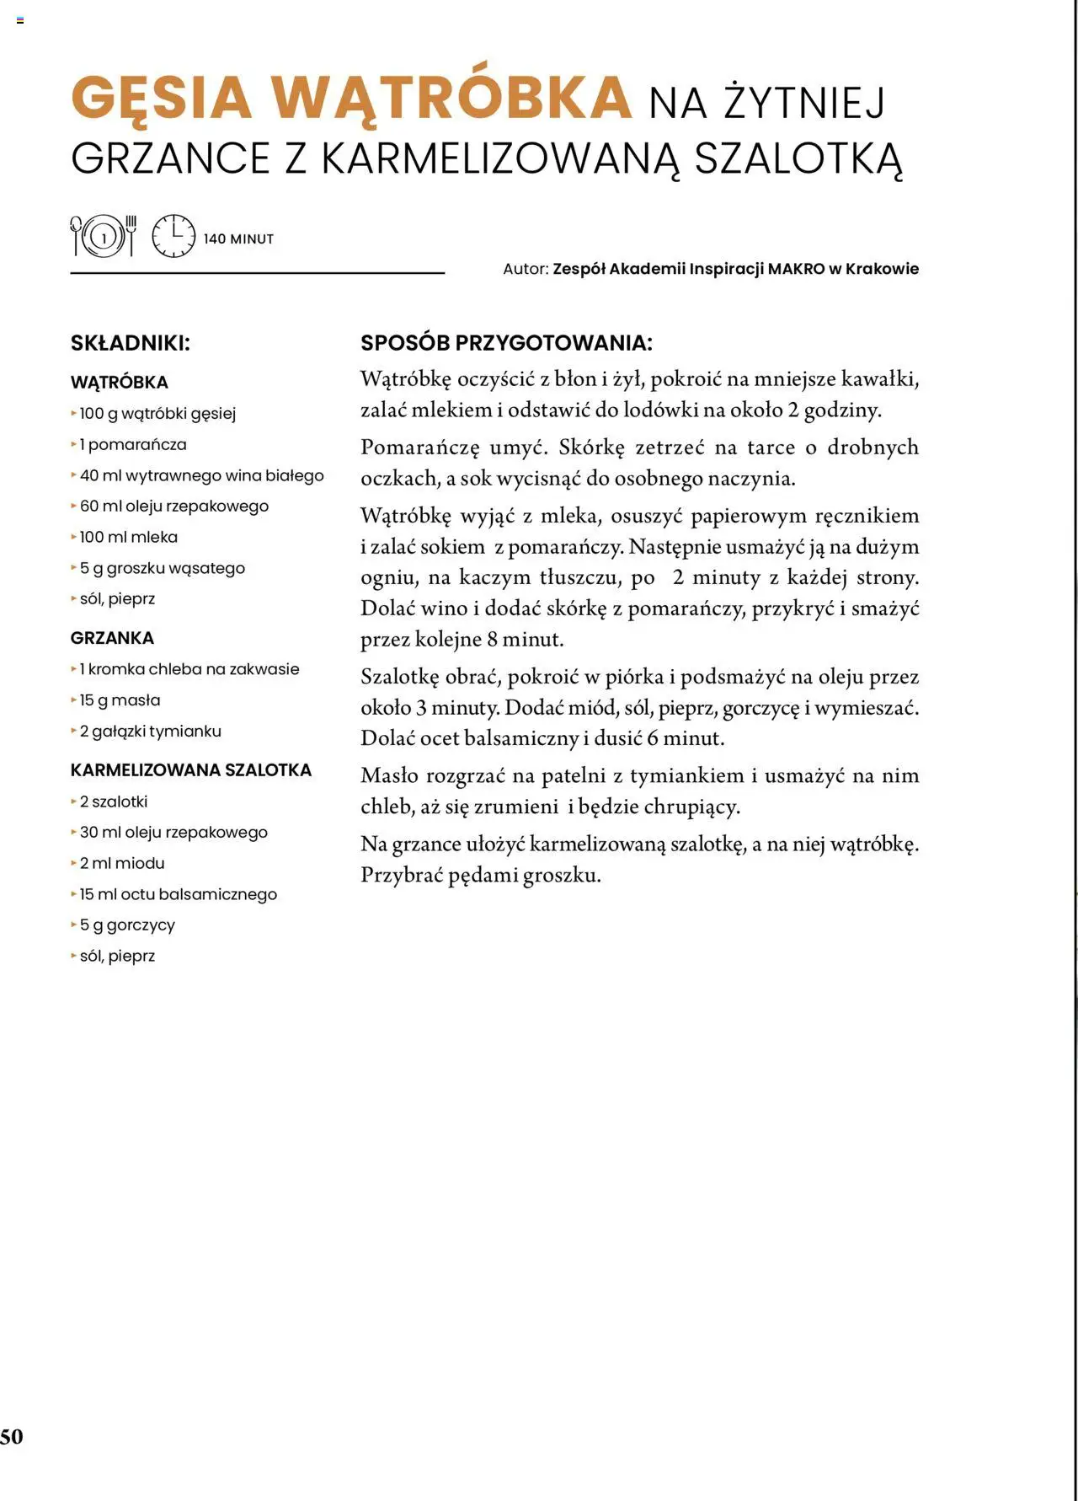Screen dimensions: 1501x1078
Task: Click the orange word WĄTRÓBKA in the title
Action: tap(452, 98)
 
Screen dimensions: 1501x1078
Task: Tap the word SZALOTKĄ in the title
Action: tap(798, 158)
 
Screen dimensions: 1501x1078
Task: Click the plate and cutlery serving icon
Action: tap(104, 237)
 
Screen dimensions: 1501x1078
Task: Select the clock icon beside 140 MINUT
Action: tap(173, 237)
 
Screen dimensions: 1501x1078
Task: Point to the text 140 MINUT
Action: tap(238, 239)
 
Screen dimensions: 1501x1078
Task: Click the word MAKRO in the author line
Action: tap(796, 269)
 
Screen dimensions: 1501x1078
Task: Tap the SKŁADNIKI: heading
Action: tap(131, 343)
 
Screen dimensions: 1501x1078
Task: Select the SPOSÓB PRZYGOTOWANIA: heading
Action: tap(506, 343)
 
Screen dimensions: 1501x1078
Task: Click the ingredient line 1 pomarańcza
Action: tap(133, 444)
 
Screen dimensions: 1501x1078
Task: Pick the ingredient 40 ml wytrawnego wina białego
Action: tap(201, 475)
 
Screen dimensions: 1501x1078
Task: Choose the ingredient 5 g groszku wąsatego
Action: tap(162, 568)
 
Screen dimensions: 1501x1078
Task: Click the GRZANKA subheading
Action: tap(112, 638)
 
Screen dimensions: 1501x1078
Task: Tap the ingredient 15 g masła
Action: tap(120, 700)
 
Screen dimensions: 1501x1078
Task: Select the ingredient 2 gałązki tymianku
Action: tap(150, 732)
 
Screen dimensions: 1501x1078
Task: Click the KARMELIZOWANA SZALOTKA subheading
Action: tap(191, 770)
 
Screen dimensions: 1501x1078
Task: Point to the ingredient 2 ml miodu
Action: tap(122, 863)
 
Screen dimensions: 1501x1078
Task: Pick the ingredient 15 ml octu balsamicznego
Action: tap(178, 894)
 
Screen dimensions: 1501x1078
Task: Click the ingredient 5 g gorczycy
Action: tap(127, 925)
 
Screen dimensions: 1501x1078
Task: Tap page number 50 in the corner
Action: tap(12, 1437)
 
